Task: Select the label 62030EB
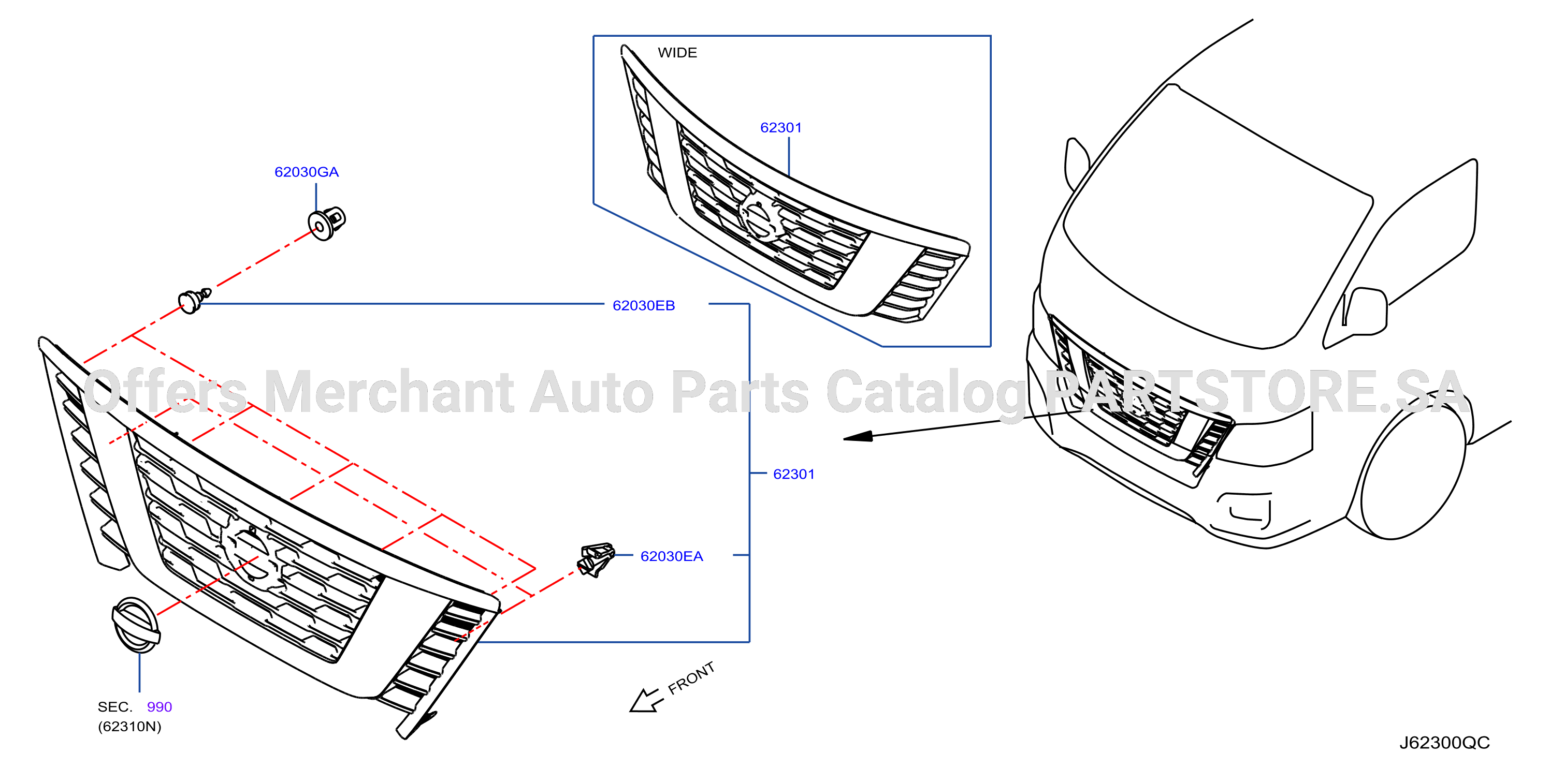(x=643, y=305)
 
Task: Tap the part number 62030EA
(x=672, y=556)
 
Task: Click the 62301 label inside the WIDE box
(x=781, y=127)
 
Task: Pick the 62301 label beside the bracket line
(x=794, y=474)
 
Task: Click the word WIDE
(x=677, y=53)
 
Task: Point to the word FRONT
(x=691, y=678)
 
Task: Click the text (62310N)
(x=129, y=727)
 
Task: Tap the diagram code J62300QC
(x=1444, y=743)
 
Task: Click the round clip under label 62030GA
(x=327, y=223)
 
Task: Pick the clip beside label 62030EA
(x=596, y=559)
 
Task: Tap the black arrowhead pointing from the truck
(x=858, y=437)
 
